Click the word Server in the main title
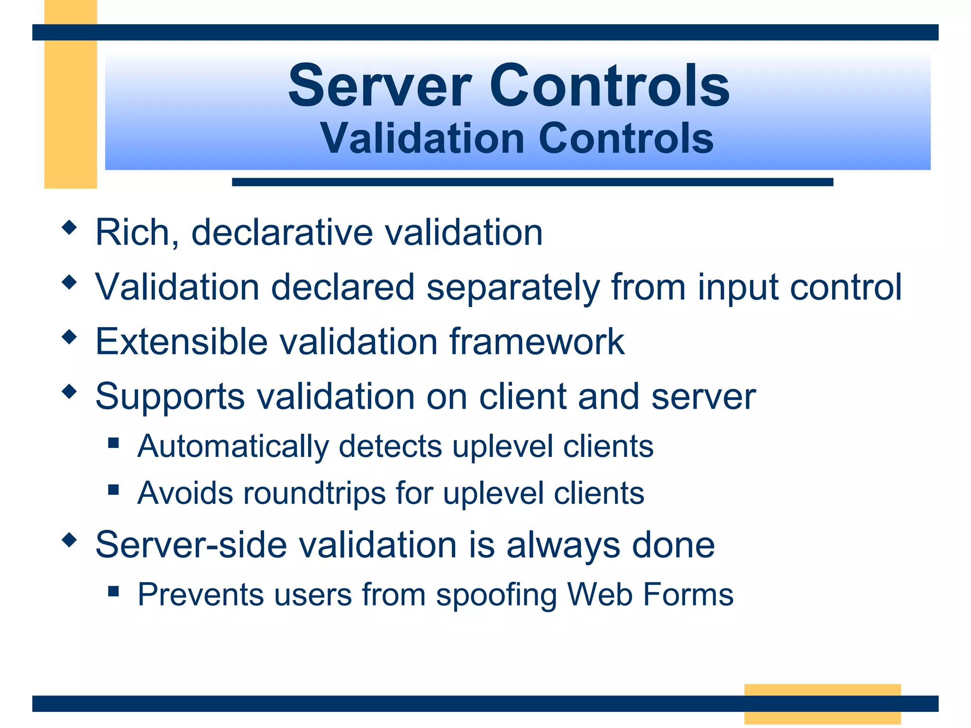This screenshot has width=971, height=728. [380, 86]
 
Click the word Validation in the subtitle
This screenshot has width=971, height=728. [421, 138]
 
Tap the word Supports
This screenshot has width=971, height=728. [170, 397]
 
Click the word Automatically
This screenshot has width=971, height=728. [233, 446]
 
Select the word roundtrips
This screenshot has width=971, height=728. [314, 493]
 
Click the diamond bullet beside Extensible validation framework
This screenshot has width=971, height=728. [69, 337]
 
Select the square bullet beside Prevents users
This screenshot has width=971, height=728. [113, 591]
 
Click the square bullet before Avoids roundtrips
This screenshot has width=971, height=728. [113, 489]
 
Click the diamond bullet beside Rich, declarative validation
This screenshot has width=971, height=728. [69, 228]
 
